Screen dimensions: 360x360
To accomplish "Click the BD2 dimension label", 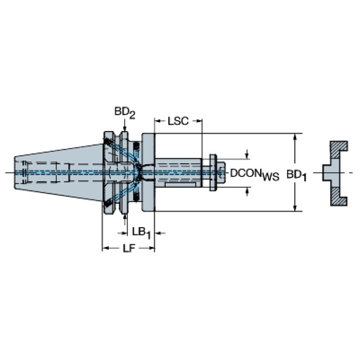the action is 125,113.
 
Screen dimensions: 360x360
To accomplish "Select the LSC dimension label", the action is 178,121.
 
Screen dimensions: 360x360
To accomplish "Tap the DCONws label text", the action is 254,174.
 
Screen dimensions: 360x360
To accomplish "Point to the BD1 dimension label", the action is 297,176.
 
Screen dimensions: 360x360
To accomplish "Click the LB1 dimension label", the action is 141,233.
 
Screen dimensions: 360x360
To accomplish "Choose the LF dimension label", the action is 129,248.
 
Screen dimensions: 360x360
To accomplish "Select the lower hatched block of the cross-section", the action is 339,196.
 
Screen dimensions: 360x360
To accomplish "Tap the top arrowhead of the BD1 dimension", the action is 295,137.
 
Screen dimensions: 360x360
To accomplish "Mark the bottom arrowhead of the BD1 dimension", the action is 295,207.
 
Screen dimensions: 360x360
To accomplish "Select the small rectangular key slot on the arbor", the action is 180,184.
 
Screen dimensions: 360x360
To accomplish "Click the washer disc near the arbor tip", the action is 213,173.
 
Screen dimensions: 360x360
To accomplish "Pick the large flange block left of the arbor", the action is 148,172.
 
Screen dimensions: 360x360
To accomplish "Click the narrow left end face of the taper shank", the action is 15,173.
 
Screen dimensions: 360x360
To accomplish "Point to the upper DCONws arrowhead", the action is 247,156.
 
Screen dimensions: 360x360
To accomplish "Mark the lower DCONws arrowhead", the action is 247,190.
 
